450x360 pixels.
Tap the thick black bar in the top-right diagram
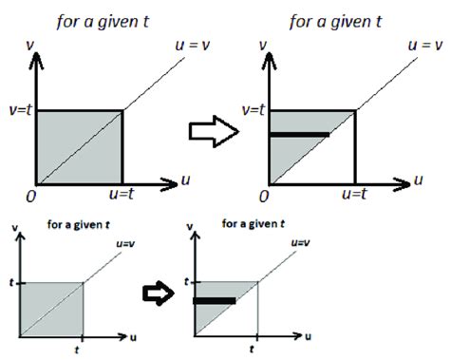tap(299, 135)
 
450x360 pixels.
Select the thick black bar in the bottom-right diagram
tap(216, 302)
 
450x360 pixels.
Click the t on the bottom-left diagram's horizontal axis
tap(84, 350)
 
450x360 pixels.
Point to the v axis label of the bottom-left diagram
tap(9, 226)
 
